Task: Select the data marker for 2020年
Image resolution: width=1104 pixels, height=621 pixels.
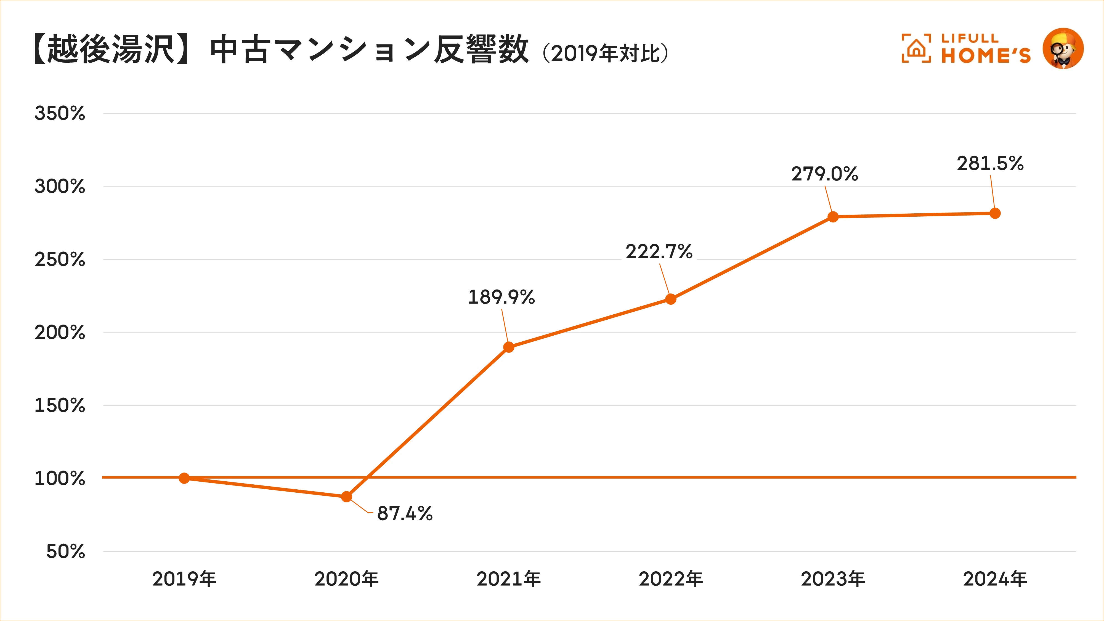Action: click(346, 497)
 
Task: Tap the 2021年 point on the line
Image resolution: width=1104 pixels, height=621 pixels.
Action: click(509, 347)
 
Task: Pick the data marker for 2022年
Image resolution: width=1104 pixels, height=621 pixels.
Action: click(671, 299)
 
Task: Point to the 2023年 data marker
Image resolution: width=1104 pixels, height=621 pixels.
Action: click(833, 217)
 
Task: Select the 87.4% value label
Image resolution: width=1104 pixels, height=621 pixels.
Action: click(405, 513)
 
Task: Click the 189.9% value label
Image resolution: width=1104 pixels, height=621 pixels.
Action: click(501, 297)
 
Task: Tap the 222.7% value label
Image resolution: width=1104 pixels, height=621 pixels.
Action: click(659, 251)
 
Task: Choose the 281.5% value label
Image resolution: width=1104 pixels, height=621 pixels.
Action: click(990, 164)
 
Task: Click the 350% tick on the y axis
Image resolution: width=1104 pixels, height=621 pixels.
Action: click(60, 113)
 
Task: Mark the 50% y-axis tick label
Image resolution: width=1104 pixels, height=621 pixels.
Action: click(66, 551)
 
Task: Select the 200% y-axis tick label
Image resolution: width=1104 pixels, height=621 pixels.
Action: click(60, 333)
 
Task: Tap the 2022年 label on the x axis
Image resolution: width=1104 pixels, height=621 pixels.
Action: click(671, 579)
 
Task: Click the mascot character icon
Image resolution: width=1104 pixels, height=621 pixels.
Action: click(1063, 48)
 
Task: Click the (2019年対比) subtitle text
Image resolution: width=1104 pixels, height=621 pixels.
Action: click(605, 54)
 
